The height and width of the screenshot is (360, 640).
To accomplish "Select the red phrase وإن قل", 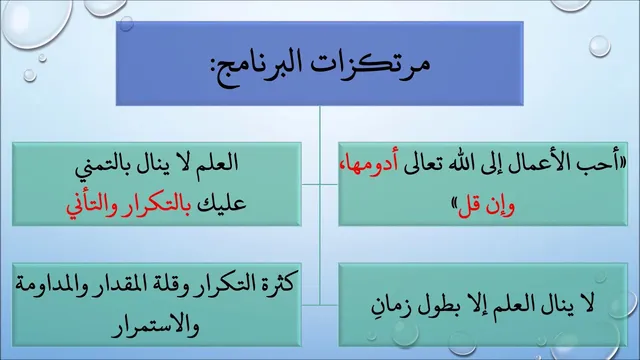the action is point(487,205).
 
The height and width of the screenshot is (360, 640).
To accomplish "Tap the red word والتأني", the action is point(91,205).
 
